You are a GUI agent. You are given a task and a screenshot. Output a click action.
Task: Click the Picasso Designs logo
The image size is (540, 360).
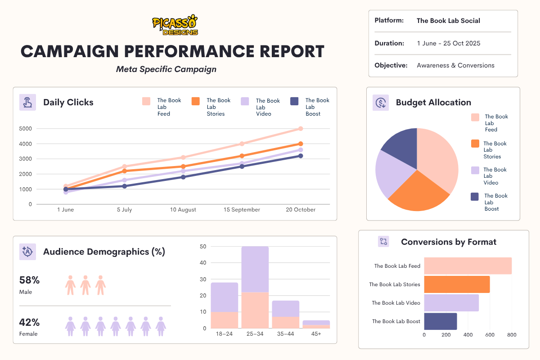tap(175, 25)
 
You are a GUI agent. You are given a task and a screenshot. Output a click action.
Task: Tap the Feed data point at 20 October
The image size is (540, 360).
tap(300, 129)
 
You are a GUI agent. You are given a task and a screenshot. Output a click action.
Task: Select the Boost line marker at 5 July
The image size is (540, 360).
tap(124, 186)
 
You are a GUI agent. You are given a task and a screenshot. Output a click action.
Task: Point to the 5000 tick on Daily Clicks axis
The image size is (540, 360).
tap(25, 129)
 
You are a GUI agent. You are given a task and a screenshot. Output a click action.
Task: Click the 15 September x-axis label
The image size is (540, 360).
tap(242, 210)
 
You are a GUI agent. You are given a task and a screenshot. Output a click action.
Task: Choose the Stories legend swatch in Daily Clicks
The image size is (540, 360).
tap(196, 101)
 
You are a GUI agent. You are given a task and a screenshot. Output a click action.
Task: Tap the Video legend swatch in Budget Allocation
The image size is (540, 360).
tap(475, 171)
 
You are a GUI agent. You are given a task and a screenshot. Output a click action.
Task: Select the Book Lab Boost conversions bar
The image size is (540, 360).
tap(441, 321)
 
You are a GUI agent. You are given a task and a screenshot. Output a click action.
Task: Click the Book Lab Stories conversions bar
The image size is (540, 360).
tap(457, 284)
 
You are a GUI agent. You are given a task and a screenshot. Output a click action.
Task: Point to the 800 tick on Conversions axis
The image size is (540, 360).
tap(512, 335)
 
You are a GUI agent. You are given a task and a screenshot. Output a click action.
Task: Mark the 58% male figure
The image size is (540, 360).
tap(30, 280)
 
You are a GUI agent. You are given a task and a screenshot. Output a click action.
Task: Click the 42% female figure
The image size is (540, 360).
tap(30, 322)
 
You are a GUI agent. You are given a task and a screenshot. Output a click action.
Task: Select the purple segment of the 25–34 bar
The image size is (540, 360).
tap(255, 269)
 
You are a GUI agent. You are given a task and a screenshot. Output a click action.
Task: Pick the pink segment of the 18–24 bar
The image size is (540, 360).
tap(224, 320)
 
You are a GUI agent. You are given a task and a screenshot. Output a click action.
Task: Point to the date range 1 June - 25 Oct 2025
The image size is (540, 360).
tap(448, 44)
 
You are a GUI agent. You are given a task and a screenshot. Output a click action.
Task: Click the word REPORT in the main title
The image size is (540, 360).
tap(283, 51)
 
